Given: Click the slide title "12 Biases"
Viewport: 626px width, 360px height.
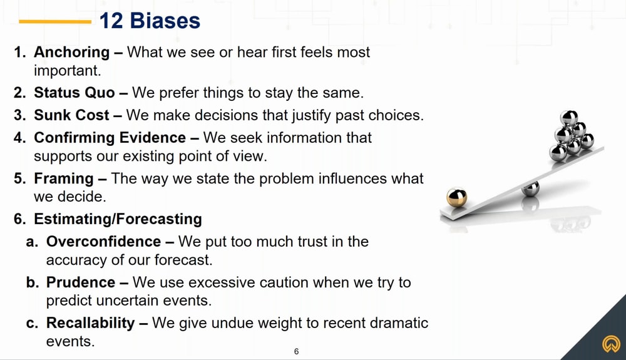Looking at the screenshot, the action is (150, 21).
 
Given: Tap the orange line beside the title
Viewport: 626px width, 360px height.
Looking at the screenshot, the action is (55, 21).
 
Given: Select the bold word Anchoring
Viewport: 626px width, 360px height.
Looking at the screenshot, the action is (72, 53).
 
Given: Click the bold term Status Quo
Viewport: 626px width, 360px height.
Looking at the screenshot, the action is (74, 93).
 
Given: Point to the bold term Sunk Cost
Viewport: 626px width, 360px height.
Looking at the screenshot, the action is (71, 115).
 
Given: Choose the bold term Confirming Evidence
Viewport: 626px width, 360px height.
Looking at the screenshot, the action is (110, 138).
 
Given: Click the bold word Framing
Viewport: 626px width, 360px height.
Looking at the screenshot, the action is (64, 178).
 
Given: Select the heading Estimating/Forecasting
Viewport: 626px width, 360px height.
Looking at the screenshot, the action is (118, 219).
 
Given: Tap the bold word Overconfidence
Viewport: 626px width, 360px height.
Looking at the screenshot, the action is (104, 242).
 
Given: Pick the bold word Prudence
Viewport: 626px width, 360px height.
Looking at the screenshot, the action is (81, 282).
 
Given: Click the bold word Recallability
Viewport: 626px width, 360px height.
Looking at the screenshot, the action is (91, 323).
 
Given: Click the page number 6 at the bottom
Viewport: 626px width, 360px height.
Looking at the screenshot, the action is (296, 352).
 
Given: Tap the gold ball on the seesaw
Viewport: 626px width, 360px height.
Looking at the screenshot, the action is (457, 197).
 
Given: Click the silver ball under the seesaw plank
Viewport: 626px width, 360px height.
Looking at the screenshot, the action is (531, 189).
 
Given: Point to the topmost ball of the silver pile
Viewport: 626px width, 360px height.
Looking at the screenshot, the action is (569, 118).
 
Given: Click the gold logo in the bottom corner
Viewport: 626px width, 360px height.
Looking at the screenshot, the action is (611, 344).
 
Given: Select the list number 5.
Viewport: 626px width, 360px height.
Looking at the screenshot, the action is (18, 178).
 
